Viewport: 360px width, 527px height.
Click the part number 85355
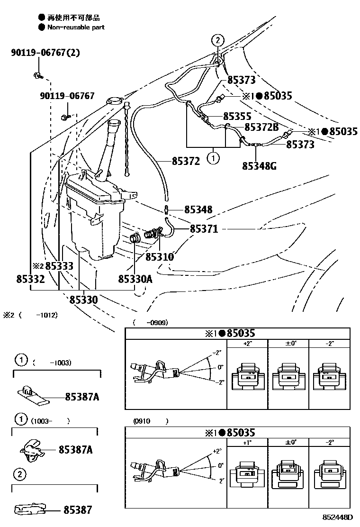click(237, 116)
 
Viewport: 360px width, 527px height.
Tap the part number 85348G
click(260, 166)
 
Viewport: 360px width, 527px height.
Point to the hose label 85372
click(186, 161)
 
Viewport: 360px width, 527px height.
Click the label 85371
click(204, 229)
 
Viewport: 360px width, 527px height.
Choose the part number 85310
click(160, 257)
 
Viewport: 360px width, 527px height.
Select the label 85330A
click(135, 280)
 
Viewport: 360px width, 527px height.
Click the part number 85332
click(30, 280)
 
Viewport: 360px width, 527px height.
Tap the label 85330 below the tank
click(84, 300)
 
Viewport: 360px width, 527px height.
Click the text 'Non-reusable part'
click(76, 27)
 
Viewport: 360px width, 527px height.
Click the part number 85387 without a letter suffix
click(78, 510)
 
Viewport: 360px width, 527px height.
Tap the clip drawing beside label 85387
click(31, 509)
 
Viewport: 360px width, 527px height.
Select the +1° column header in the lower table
click(247, 442)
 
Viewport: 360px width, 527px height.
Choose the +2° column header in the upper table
click(247, 343)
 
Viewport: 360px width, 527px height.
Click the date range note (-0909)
click(151, 322)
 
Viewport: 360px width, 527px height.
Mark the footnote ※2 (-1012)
click(31, 315)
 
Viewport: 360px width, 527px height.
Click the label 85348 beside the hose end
click(198, 209)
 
